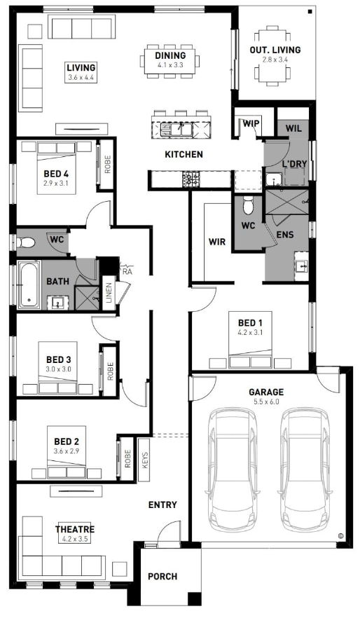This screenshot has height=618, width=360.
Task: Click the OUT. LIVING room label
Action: point(275,50)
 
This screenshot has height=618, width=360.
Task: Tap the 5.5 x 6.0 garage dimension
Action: point(266,402)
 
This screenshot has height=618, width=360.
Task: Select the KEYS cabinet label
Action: point(145,459)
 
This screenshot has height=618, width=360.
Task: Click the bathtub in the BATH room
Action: point(29,284)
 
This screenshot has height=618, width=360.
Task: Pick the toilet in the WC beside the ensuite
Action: point(248,204)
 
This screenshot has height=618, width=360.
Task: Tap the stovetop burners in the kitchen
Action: point(191,179)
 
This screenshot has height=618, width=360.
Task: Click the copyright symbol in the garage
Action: point(340,536)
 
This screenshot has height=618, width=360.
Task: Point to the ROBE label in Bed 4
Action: point(108,165)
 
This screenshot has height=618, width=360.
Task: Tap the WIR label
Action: point(217,241)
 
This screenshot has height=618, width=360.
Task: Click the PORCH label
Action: point(162,577)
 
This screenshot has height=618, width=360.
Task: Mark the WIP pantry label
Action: point(251,123)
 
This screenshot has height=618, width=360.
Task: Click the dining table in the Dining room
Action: point(170,61)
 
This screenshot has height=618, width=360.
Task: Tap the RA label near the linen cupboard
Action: point(127,272)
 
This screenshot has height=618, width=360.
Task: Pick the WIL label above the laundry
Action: point(293,128)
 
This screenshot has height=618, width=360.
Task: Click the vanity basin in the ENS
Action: point(302,266)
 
